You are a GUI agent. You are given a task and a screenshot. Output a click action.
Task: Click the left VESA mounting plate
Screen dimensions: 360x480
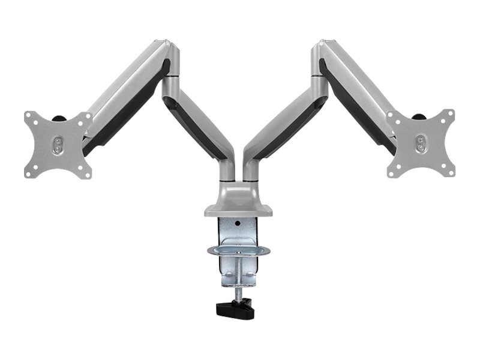point(58,144)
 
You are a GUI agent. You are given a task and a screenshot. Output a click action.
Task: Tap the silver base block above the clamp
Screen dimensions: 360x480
point(239,206)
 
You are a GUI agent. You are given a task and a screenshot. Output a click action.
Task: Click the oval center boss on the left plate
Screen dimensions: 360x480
point(58,144)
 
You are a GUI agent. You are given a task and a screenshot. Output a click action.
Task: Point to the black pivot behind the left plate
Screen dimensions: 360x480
point(60,118)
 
